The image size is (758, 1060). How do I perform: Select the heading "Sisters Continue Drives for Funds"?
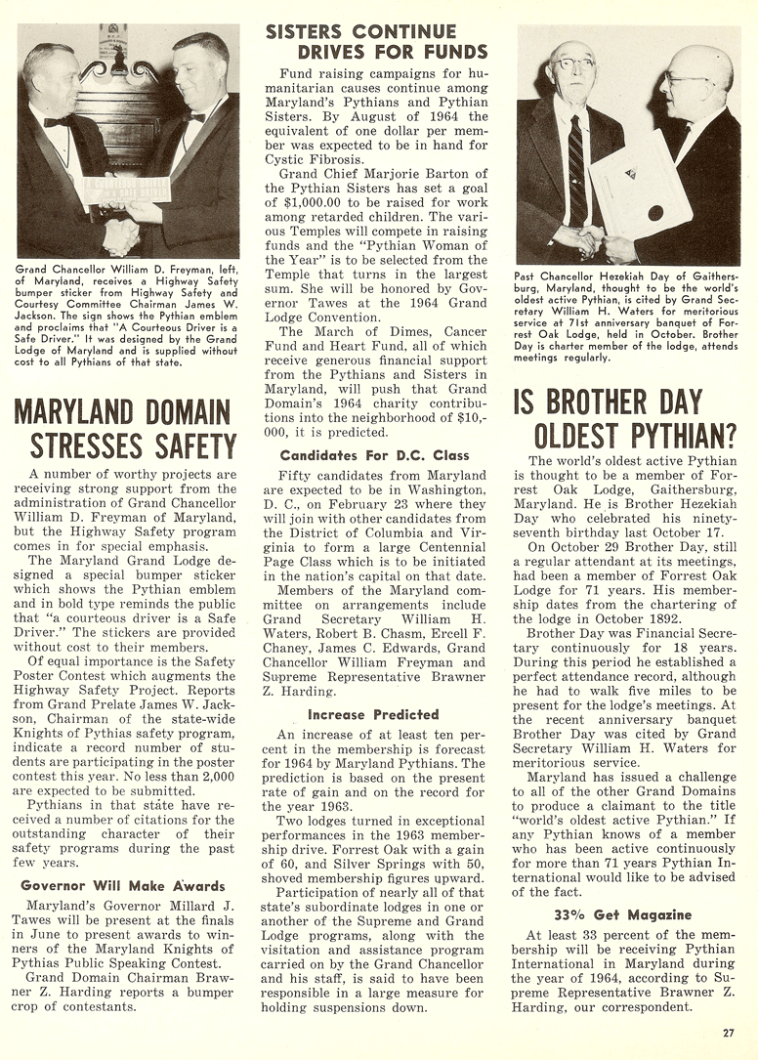tap(376, 42)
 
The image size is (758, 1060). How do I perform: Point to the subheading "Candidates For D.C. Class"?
tap(375, 455)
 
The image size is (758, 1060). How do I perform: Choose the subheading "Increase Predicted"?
tap(374, 714)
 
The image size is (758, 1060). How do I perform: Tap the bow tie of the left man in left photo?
tap(56, 122)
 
